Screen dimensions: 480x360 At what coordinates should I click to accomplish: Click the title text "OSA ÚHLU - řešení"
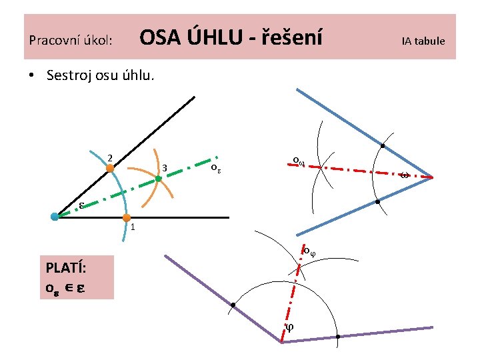[230, 39]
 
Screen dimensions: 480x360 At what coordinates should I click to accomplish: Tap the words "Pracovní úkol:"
[70, 41]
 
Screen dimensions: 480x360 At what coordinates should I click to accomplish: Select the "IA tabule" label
[423, 41]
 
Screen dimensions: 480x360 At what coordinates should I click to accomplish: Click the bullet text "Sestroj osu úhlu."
[100, 75]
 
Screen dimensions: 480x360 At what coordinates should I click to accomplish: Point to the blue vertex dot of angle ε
[55, 216]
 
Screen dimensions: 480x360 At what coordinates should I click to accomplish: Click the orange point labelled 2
[110, 169]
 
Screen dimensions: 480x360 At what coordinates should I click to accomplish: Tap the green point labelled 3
[159, 179]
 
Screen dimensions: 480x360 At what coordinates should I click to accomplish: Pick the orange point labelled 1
[126, 217]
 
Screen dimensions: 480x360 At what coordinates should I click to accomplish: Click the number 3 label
[165, 167]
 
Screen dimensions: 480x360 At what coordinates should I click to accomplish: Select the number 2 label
[109, 157]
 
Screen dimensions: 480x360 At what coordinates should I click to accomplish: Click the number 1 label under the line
[133, 227]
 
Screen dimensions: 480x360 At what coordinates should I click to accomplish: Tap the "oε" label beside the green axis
[215, 167]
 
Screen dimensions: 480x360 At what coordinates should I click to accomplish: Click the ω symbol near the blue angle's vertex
[405, 175]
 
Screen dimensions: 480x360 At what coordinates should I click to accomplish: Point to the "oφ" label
[308, 251]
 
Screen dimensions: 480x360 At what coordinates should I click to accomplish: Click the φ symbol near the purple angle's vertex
[289, 327]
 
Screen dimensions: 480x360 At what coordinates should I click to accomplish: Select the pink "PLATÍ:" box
[75, 279]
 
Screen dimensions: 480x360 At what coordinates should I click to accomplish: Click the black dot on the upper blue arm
[383, 146]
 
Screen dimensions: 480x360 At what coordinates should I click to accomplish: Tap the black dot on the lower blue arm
[377, 201]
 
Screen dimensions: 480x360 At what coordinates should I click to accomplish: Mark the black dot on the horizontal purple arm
[338, 337]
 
